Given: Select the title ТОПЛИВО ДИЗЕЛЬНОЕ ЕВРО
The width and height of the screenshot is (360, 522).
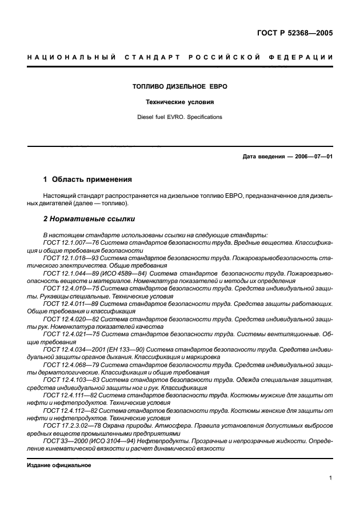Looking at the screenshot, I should (x=180, y=86).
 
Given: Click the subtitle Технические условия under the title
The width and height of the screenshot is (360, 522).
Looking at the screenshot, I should (x=180, y=102).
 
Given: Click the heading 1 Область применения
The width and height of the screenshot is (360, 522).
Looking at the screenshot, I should (x=88, y=179).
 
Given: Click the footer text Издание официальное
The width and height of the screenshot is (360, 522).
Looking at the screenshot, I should (x=59, y=464).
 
